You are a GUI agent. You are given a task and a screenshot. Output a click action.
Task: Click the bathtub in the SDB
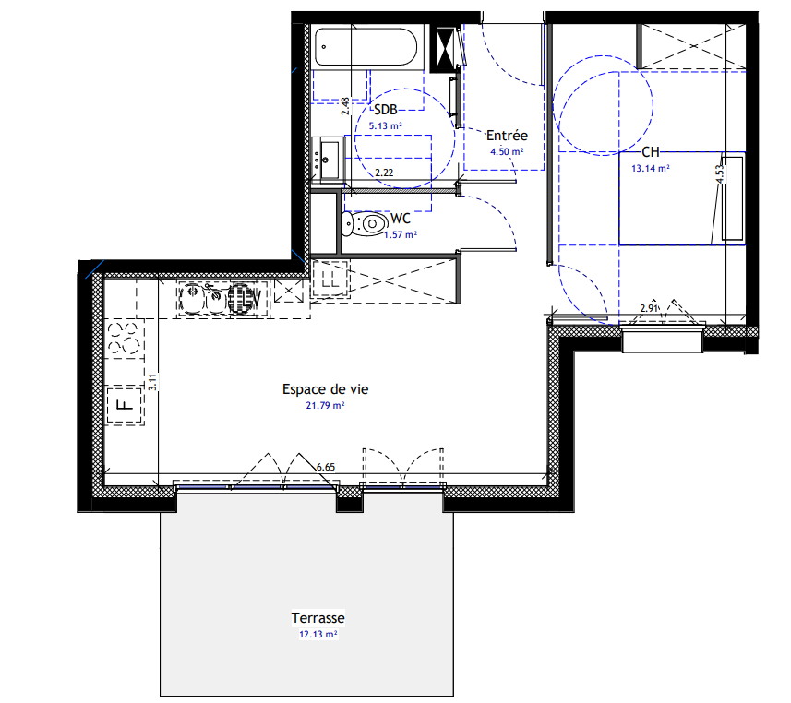pos(366,46)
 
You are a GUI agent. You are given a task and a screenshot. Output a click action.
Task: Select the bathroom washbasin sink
pos(328,160)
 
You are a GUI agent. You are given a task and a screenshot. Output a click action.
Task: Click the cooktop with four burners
pos(124,339)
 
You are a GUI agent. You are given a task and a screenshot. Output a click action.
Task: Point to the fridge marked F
pos(124,405)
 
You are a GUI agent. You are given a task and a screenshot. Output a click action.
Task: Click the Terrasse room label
pos(318,618)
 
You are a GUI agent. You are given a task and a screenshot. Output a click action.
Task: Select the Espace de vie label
pos(326,389)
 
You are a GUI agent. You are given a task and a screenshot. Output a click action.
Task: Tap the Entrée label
pos(507,135)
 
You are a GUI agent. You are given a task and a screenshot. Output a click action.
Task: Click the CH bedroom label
pos(651,152)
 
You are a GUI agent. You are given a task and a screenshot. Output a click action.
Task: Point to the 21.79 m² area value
pos(326,405)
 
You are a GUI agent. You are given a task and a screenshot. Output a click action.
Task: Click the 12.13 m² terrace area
pos(318,635)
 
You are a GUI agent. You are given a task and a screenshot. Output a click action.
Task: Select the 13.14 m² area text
pos(651,169)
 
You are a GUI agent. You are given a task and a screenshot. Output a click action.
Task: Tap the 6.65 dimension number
pos(326,467)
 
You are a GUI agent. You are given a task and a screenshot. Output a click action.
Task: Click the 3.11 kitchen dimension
pos(153,382)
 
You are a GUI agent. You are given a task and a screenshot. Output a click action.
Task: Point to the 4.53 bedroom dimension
pos(719,173)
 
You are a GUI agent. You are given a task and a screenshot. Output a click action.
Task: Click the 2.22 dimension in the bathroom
pos(384,173)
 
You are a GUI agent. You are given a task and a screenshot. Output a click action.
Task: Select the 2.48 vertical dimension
pos(345,106)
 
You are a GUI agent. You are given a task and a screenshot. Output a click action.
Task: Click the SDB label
pos(386,110)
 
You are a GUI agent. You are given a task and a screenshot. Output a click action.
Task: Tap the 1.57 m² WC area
pos(401,235)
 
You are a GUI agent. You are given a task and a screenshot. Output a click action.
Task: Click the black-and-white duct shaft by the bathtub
pos(443,48)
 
